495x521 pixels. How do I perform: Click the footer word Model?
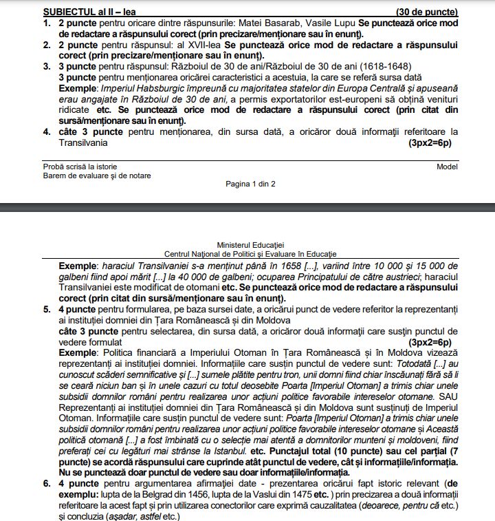coord(447,167)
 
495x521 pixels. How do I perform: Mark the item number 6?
coord(47,485)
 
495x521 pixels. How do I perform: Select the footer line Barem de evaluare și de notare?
coord(97,176)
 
